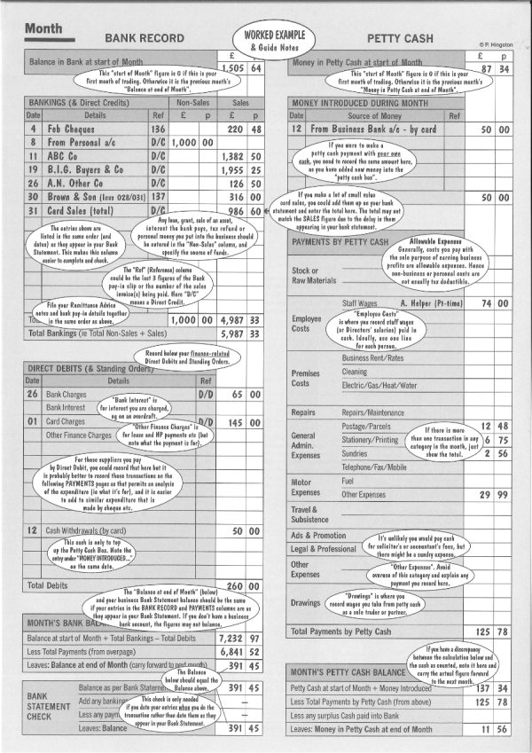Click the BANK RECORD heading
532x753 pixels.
pos(145,39)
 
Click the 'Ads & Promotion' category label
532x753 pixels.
pos(318,536)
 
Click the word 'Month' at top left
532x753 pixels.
pos(43,28)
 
